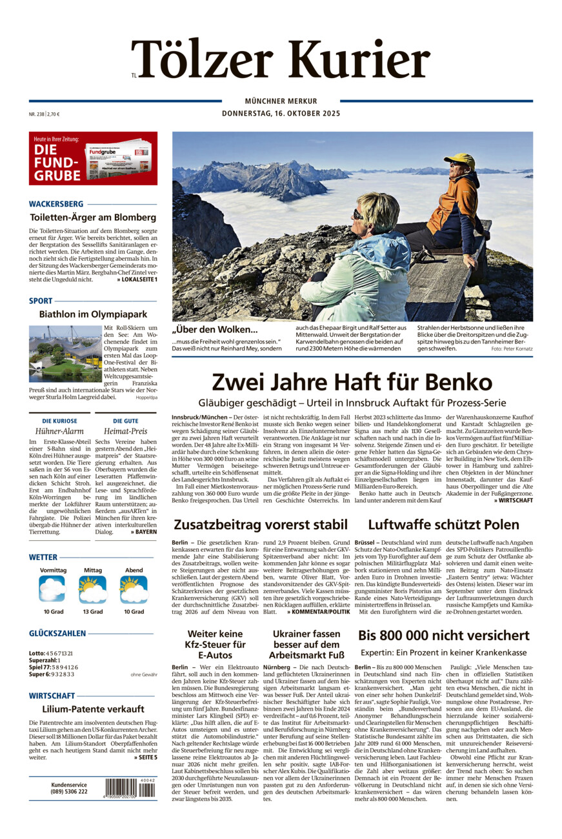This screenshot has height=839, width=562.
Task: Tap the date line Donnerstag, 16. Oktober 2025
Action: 281,114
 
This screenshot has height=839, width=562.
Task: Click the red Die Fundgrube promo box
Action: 93,158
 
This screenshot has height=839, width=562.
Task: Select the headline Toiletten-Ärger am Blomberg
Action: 93,217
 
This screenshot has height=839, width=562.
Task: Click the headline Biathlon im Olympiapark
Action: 93,314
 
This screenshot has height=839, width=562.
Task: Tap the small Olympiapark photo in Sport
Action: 65,354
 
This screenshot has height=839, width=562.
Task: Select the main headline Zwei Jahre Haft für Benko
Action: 352,381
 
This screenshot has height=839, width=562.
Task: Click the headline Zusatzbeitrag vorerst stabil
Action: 261,524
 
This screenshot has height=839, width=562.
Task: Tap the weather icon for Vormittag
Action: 52,589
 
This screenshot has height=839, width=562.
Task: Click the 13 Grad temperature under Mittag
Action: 92,611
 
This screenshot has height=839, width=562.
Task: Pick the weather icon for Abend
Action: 134,589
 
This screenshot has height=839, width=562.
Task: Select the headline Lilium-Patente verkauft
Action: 93,709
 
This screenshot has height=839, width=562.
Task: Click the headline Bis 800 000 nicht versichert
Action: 444,635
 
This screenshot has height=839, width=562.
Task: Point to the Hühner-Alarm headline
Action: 59,431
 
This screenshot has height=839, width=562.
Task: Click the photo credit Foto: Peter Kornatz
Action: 512,349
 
